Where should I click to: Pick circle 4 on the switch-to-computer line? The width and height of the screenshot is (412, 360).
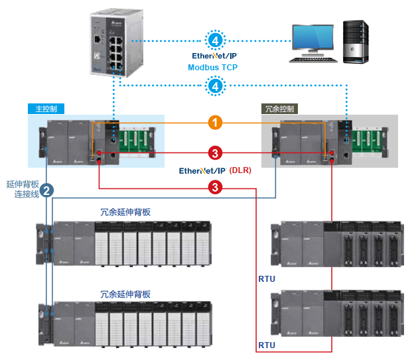pyautogui.click(x=214, y=41)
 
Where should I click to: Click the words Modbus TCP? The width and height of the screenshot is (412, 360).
pyautogui.click(x=213, y=67)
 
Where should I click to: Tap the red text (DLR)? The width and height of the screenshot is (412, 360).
pyautogui.click(x=240, y=170)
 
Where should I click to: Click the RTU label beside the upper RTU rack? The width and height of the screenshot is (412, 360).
pyautogui.click(x=266, y=279)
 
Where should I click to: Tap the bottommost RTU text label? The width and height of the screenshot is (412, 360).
pyautogui.click(x=266, y=345)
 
